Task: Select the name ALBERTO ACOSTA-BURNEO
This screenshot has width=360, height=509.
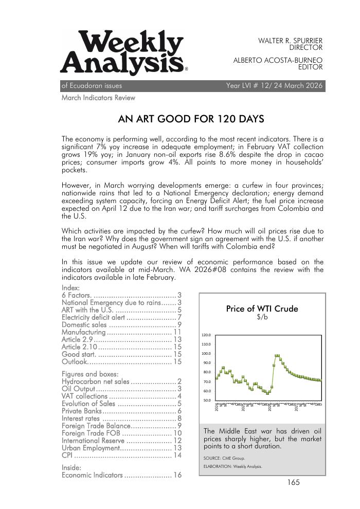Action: (x=278, y=60)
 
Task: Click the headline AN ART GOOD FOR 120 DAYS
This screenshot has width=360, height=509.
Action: (x=191, y=120)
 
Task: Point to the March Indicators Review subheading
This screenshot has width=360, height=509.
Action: (x=98, y=98)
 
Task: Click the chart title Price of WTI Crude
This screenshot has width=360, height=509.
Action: (x=262, y=309)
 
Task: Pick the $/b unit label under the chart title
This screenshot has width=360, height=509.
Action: (x=262, y=318)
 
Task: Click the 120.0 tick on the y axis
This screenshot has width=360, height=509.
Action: (x=206, y=335)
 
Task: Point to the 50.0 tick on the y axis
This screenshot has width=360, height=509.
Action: (x=206, y=401)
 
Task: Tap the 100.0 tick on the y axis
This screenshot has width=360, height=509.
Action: (x=206, y=354)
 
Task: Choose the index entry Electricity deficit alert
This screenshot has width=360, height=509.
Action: (x=94, y=317)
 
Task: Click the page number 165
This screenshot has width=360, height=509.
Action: (x=293, y=482)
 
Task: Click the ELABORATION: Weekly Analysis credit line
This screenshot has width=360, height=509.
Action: (x=232, y=467)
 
